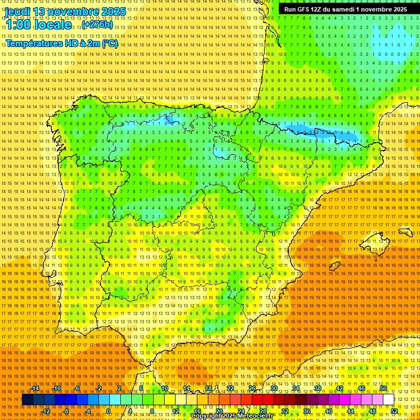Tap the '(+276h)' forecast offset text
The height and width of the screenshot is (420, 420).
[x=97, y=25]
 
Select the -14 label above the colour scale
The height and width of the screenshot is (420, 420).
[x=35, y=388]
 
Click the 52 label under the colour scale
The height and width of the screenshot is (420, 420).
[x=394, y=411]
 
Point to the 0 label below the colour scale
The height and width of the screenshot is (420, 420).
[x=108, y=411]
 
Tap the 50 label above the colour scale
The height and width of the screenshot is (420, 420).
[x=383, y=388]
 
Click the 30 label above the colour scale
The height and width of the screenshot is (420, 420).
[x=273, y=388]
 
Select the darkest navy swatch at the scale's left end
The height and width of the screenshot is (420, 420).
[x=27, y=400]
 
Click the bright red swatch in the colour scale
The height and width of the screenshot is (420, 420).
[x=257, y=400]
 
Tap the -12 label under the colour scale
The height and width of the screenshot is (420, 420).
[x=46, y=411]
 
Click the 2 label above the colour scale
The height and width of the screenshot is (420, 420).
[x=119, y=388]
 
